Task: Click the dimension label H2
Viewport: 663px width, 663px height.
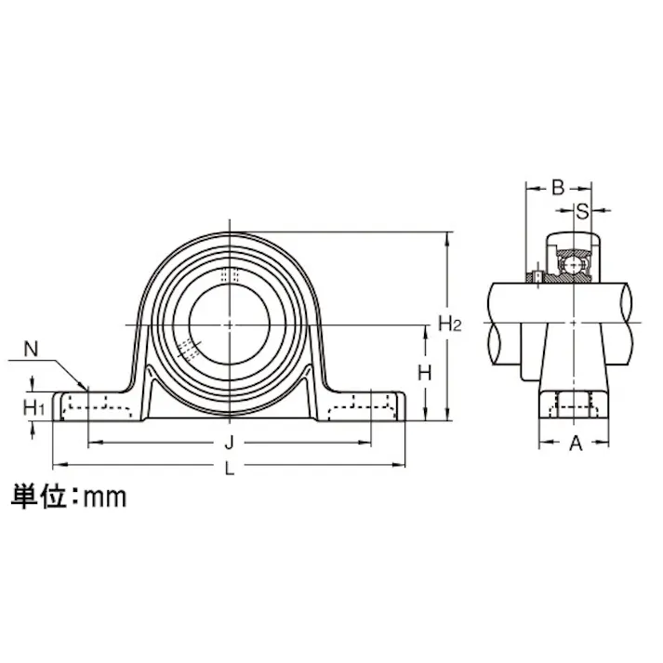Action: point(450,324)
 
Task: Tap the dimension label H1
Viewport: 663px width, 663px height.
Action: point(34,406)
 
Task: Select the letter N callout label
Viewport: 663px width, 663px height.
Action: point(31,350)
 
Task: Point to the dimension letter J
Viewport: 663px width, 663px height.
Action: point(229,442)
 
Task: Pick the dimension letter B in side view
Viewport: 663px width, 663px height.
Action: point(558,187)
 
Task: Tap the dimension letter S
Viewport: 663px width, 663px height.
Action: point(581,210)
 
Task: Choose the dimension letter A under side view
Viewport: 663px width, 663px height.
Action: point(575,444)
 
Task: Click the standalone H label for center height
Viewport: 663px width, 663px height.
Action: point(424,373)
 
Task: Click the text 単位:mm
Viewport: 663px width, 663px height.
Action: point(68,496)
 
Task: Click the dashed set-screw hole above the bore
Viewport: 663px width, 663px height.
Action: point(229,275)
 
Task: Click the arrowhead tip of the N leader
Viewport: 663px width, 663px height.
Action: point(86,389)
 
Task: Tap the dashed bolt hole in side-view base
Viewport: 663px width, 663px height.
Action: point(574,405)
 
